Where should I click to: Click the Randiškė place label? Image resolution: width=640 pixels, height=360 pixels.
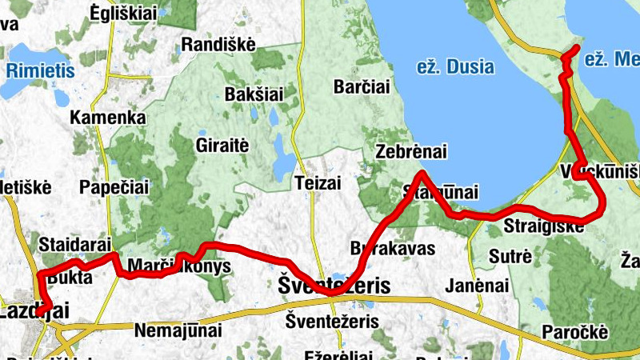click(218, 45)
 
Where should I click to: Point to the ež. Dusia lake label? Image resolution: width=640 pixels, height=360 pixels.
click(455, 67)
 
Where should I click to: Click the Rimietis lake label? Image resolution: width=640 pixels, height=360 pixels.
click(34, 70)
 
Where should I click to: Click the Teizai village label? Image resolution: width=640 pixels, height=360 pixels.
click(318, 182)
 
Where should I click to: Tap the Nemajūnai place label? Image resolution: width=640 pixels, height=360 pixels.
click(174, 329)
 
